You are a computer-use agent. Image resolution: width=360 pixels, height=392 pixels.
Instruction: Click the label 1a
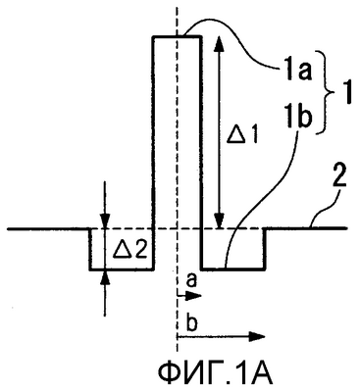point(298,72)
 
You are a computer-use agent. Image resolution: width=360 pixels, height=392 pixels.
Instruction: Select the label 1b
point(298,120)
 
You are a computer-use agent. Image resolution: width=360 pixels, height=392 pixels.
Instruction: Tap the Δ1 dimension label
point(242,135)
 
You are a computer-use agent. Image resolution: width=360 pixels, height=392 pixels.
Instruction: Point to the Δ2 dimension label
point(130,249)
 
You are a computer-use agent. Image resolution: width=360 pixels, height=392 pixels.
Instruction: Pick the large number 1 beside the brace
point(346,93)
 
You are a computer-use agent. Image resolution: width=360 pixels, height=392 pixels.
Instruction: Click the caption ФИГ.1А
point(215,375)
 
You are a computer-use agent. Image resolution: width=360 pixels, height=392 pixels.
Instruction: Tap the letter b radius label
point(193,323)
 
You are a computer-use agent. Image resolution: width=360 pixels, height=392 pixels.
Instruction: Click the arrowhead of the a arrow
point(195,296)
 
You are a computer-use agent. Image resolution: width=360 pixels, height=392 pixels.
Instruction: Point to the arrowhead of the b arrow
point(257,336)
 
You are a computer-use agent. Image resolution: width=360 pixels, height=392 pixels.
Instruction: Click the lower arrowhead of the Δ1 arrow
point(219,221)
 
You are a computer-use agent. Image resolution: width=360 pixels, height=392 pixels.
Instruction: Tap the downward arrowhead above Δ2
point(105,220)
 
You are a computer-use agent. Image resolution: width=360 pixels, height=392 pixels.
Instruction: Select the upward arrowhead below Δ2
point(105,277)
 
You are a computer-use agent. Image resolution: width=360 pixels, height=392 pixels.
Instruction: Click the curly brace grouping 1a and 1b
point(326,92)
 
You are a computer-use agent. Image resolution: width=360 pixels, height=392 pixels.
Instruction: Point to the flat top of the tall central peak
point(177,37)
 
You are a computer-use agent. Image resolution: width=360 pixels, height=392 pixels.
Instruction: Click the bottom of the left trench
point(122,269)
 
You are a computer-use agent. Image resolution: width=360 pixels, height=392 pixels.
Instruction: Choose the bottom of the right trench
point(232,269)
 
